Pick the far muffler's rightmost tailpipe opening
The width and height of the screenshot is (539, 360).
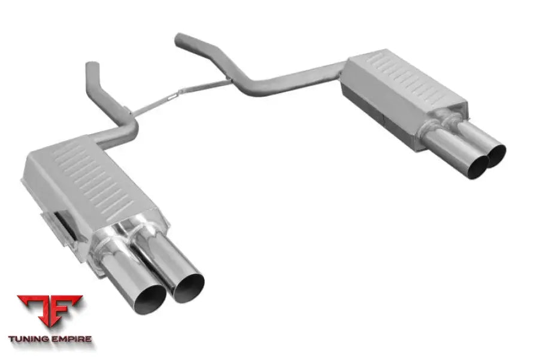(496, 154)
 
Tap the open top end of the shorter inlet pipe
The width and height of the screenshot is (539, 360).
(92, 65)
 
